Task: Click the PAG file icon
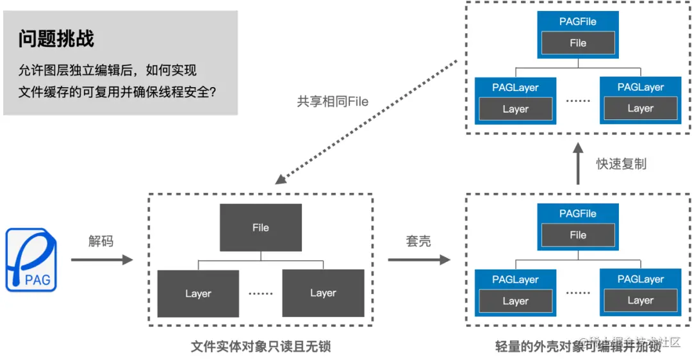coord(31,259)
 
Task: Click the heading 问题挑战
coord(56,39)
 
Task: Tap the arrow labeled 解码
coord(101,259)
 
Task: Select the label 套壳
coord(418,241)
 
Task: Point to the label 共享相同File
coord(333,101)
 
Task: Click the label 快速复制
coord(621,163)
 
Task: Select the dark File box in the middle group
coord(260,227)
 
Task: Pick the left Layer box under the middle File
coord(198,293)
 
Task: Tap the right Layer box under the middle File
coord(323,293)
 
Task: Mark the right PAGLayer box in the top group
coord(640,100)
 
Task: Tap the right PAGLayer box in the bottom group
coord(640,292)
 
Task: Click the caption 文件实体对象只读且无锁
coord(261,347)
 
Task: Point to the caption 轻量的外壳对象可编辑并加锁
coord(578,347)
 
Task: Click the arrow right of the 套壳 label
coord(418,259)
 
